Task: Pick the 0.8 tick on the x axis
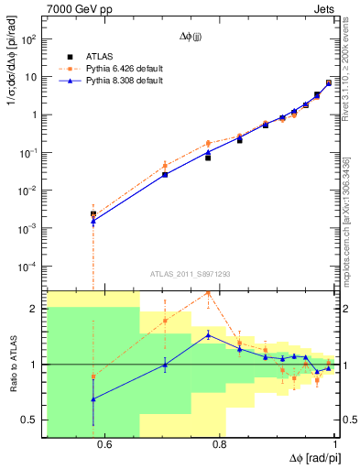coord(220,445)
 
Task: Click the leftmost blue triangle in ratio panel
coord(93,398)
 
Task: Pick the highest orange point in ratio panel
coord(208,292)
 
